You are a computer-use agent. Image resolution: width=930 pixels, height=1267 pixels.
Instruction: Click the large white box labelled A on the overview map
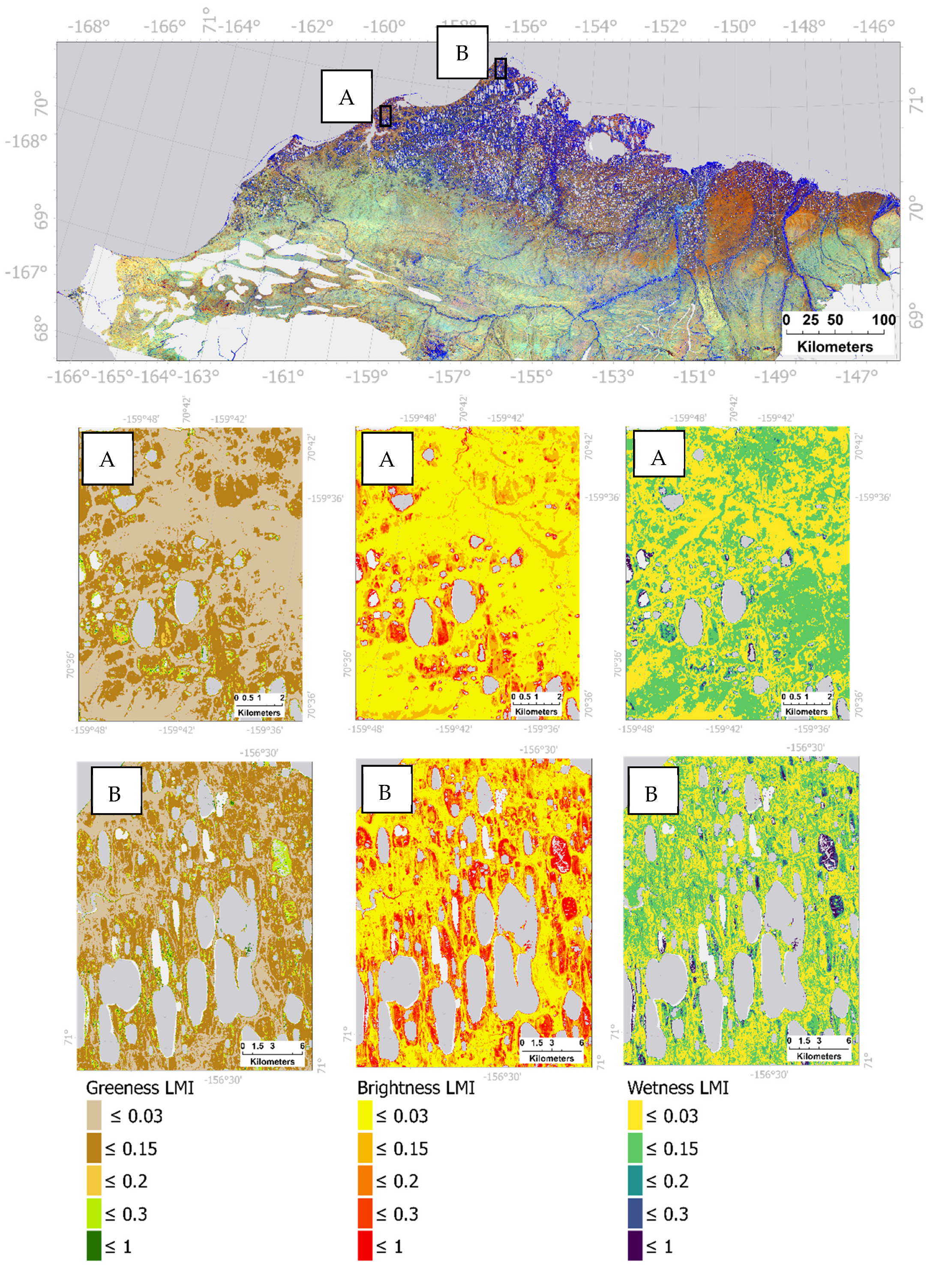(346, 96)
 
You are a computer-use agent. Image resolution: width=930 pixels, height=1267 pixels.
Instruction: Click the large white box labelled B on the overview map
(462, 52)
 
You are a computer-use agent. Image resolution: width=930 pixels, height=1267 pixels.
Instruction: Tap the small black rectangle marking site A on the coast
(385, 116)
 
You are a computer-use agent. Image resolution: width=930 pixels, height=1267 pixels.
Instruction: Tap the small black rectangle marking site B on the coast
(501, 69)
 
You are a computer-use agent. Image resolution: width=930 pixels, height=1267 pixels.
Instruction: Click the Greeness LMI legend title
(140, 1087)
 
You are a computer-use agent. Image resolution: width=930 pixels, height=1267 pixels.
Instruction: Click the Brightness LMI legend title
(415, 1087)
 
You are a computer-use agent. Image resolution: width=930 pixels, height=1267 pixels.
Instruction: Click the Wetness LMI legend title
(678, 1087)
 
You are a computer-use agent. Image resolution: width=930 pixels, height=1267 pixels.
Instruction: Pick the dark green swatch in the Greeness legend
(94, 1245)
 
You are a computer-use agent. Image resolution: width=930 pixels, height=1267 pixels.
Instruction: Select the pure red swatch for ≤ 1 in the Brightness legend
(365, 1245)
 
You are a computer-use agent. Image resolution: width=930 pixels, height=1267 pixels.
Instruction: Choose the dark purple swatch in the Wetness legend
(635, 1245)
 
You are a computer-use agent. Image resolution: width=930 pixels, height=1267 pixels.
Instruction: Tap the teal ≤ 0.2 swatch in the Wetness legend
(635, 1180)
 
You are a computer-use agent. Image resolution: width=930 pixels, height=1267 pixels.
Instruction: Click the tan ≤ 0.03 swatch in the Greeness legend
(94, 1115)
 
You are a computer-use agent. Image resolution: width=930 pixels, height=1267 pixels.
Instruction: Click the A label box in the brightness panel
(387, 459)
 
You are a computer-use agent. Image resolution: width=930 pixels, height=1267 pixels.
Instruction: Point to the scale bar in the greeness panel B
(273, 1053)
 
